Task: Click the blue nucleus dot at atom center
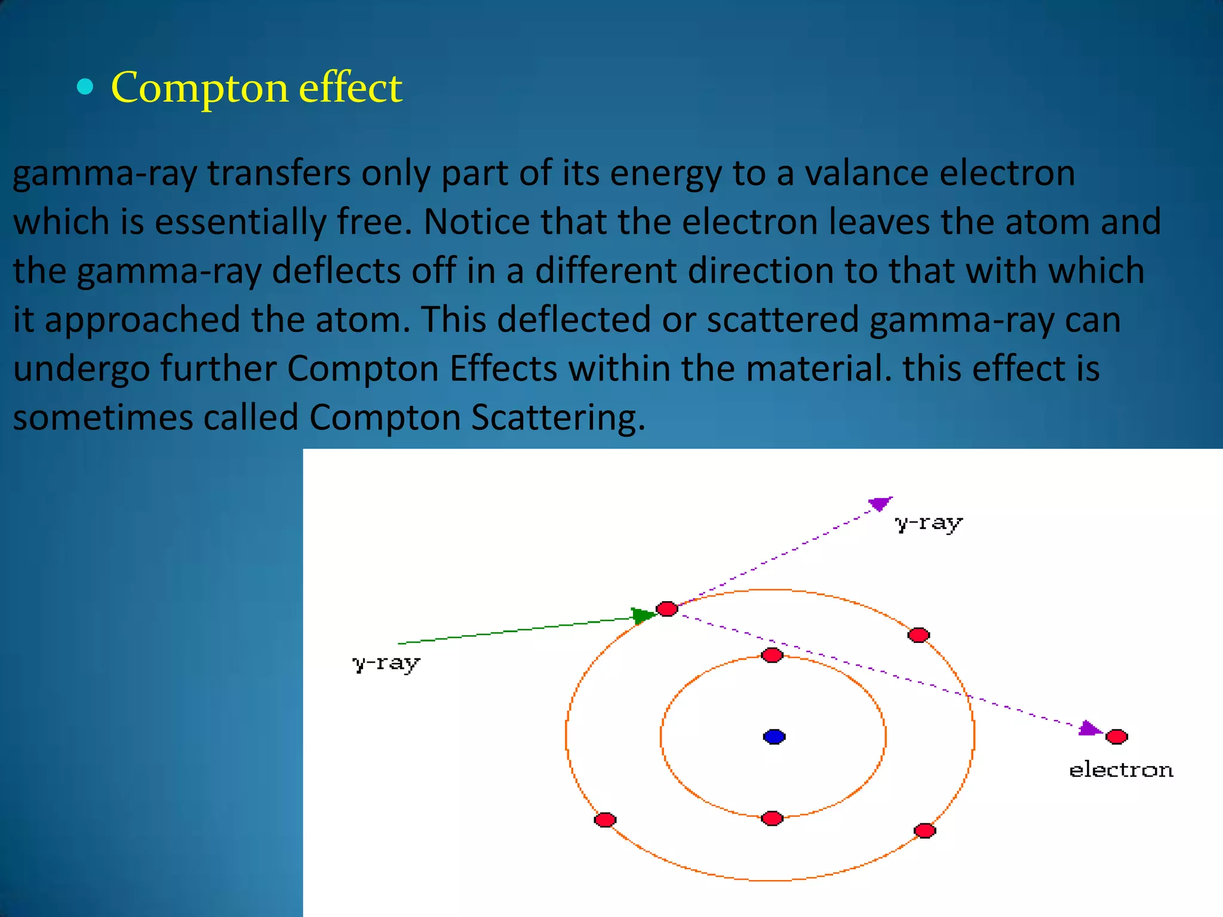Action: coord(774,737)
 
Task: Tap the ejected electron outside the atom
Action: coord(1116,737)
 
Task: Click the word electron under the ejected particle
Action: coord(1121,770)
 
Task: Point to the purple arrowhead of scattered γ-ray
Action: coord(880,503)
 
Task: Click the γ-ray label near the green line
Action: coord(386,663)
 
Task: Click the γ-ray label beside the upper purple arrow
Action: coord(929,523)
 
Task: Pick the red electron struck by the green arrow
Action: coord(666,609)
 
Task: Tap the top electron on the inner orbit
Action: coord(772,656)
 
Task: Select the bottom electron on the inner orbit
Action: coord(772,818)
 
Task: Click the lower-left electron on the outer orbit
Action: coord(605,820)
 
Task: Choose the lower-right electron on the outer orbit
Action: coord(924,830)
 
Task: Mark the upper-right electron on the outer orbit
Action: coord(918,635)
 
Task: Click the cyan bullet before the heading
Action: coord(86,88)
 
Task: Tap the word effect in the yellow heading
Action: coord(350,87)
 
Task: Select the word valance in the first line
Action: coord(866,174)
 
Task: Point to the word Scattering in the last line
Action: coord(558,417)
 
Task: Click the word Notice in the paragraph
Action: coord(477,222)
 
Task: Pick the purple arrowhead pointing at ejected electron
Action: coord(1090,728)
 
